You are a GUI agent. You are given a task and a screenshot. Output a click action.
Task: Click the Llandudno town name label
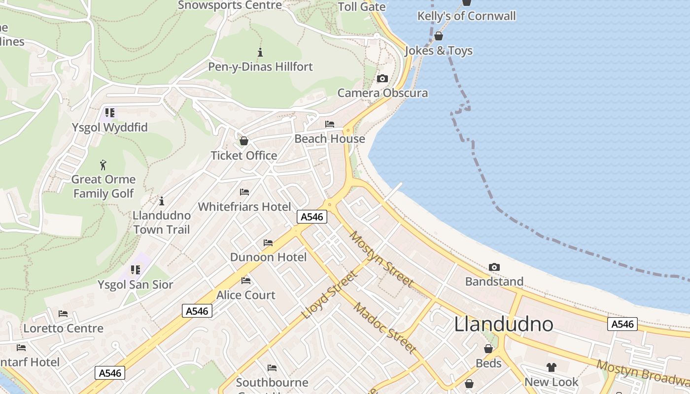pos(503,324)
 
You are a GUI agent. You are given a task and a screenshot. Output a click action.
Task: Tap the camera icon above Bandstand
pos(494,267)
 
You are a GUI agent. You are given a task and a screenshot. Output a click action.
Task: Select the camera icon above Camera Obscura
pos(382,78)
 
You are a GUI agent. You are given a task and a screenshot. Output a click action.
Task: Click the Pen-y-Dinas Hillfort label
pos(260,66)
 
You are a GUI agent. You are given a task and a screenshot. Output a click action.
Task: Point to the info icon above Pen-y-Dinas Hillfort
pos(260,52)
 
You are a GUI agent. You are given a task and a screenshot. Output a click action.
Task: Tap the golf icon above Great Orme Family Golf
pos(103,165)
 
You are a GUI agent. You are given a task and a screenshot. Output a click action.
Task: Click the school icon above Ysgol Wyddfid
pos(109,113)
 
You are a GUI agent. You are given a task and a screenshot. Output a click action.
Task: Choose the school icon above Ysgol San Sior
pos(136,270)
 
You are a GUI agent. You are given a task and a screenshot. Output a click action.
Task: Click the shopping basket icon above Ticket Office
pos(243,141)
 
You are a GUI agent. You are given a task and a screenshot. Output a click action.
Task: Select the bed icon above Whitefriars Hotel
pos(244,192)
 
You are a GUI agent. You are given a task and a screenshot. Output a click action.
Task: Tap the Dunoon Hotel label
pos(268,257)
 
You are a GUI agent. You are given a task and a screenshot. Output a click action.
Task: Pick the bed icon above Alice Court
pos(246,281)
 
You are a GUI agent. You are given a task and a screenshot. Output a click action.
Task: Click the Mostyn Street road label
pos(381,259)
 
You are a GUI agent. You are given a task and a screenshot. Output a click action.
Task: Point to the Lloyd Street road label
pos(329,295)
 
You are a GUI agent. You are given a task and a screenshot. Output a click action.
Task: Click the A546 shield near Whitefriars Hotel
pos(312,217)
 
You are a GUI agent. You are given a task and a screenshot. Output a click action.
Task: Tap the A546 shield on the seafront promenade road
pos(622,324)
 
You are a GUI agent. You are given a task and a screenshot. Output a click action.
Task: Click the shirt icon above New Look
pos(551,367)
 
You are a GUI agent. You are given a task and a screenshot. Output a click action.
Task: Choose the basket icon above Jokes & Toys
pos(438,36)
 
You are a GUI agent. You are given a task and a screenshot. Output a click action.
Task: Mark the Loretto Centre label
pos(64,328)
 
